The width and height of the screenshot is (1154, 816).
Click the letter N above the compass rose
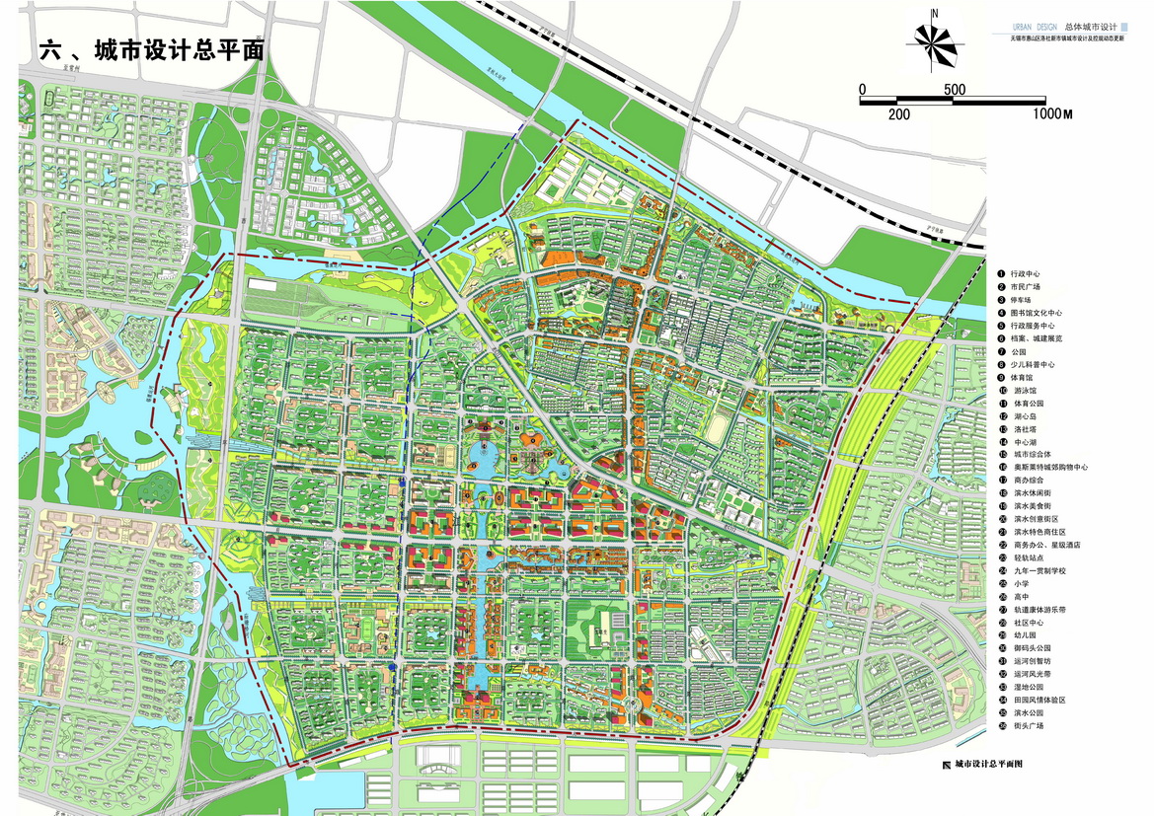click(x=934, y=14)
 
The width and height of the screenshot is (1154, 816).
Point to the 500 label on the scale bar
click(x=954, y=90)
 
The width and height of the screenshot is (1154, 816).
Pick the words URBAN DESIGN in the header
click(x=1036, y=27)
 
